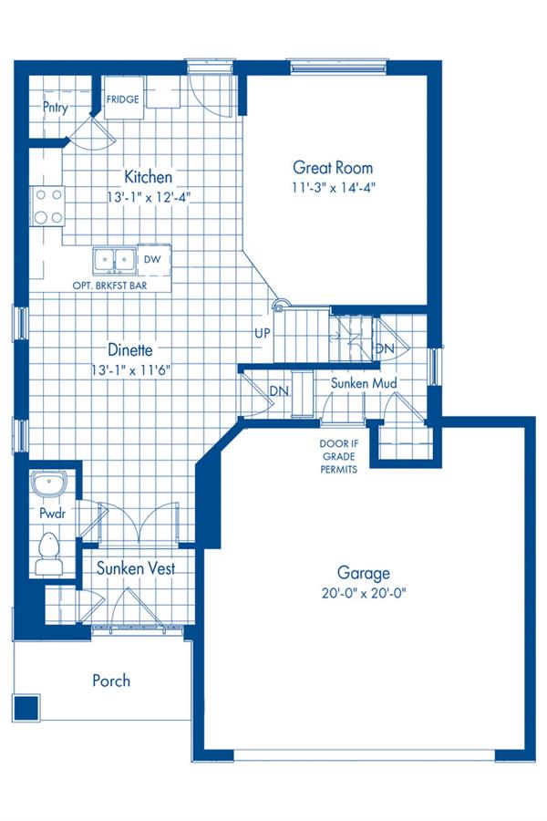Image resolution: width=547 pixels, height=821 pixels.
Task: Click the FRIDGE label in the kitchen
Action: click(123, 99)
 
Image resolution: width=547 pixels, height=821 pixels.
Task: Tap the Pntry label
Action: click(55, 108)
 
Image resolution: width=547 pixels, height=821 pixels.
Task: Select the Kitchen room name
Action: click(149, 176)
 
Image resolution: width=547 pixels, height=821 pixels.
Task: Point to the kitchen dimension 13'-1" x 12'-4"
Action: click(149, 196)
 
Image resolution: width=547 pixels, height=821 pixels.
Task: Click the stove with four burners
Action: click(47, 206)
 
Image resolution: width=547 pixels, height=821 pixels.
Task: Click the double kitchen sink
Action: click(114, 260)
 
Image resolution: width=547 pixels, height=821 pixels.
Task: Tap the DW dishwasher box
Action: click(152, 260)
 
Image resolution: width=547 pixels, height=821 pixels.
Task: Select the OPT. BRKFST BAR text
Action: click(109, 285)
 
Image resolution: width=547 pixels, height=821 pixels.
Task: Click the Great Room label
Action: click(332, 168)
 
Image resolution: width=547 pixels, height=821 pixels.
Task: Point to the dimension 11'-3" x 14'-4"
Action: click(332, 187)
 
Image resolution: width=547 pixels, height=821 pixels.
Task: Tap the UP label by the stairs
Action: click(262, 333)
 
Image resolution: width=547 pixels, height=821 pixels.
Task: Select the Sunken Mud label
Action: click(363, 383)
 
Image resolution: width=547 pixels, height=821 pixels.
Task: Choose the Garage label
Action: click(363, 573)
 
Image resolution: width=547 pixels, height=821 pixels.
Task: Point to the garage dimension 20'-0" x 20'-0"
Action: click(363, 593)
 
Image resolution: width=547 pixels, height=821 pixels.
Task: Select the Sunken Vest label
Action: click(136, 568)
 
